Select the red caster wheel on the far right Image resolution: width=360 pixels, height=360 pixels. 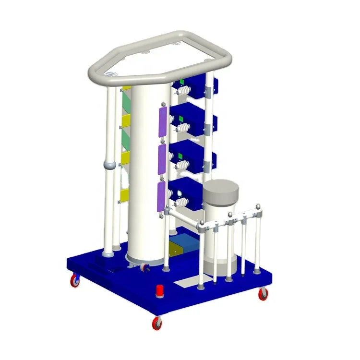pos(263,294)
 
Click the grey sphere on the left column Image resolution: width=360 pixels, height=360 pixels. pos(109,165)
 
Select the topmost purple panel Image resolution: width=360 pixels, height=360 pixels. pos(162,122)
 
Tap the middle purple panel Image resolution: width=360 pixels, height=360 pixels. pos(162,160)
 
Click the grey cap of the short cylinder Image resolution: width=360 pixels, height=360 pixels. pos(221,191)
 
